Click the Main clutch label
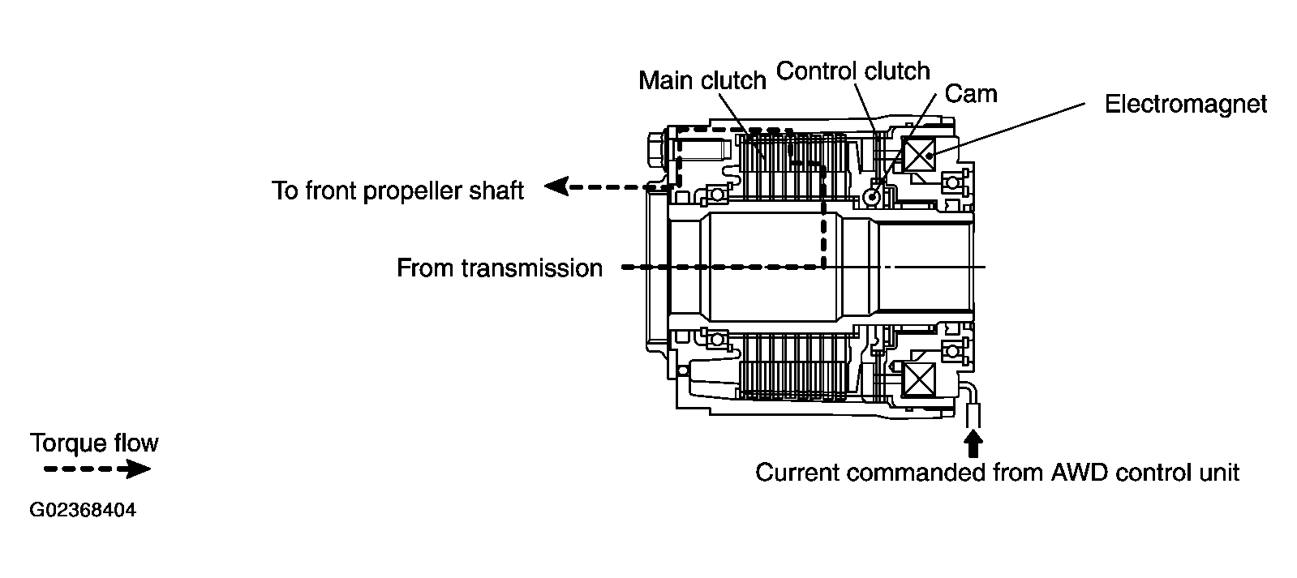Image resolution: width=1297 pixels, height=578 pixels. pos(702,80)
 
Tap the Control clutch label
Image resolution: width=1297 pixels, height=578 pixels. pos(852,71)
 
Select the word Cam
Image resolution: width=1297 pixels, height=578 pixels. pos(971,94)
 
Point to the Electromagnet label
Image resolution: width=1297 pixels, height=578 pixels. pos(1185,105)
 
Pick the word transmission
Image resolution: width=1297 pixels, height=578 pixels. pos(533,268)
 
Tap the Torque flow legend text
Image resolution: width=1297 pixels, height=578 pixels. pos(94,443)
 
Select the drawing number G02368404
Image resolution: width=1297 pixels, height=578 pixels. pos(82,512)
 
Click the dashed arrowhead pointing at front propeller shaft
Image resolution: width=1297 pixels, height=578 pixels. pos(556,187)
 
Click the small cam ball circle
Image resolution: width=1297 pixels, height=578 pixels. pos(873,197)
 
